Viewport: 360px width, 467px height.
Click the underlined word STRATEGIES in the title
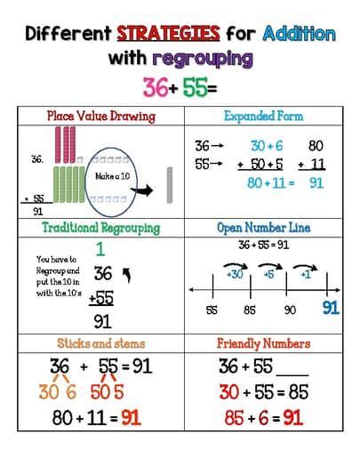click(x=168, y=35)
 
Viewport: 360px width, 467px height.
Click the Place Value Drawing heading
click(x=100, y=116)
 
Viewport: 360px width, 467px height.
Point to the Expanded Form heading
click(x=263, y=116)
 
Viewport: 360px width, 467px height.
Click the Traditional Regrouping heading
click(x=100, y=228)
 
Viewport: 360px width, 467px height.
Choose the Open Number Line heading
click(x=263, y=228)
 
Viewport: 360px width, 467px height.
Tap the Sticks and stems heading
click(x=100, y=342)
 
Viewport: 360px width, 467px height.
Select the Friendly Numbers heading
click(x=263, y=342)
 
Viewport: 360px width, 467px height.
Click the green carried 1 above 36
click(x=100, y=250)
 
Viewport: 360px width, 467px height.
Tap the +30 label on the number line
click(x=235, y=275)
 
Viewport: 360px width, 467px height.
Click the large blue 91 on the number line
click(x=331, y=309)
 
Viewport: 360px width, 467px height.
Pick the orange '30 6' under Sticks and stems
click(x=59, y=391)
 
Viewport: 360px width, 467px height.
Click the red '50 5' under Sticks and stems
click(x=106, y=391)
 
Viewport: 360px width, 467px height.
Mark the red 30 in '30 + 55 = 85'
click(x=228, y=391)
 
